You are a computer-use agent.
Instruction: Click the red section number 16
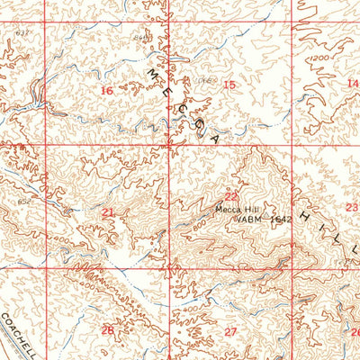107,90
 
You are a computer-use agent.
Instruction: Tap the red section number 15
229,85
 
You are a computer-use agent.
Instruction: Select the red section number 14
351,83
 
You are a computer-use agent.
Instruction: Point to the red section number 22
231,196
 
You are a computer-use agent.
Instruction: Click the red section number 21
108,212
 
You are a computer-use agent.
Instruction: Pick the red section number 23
351,206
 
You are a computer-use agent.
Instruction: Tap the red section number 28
107,330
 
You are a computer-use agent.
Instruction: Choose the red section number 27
230,332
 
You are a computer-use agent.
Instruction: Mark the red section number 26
354,331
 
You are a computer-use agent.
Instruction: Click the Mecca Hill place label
234,208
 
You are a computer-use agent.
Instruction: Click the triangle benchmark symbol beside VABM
237,218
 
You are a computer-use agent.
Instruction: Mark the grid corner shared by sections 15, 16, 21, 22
171,144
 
